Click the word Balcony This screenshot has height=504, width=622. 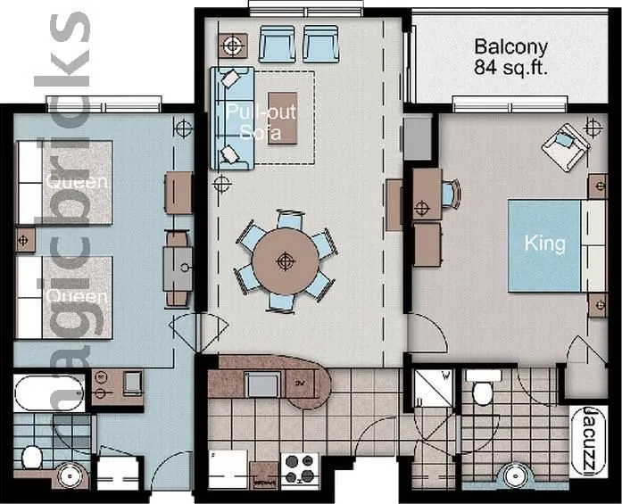coord(510,45)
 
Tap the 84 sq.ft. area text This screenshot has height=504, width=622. coord(510,66)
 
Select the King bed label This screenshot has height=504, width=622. coord(544,244)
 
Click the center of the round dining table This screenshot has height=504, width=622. coord(285,260)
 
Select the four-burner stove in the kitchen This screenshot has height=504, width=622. coord(301,467)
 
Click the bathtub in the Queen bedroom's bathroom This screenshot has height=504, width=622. coord(49,392)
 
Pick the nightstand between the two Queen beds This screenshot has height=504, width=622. coord(24,240)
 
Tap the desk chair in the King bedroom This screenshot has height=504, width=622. coord(452,194)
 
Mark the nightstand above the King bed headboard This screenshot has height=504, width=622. coord(596,186)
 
